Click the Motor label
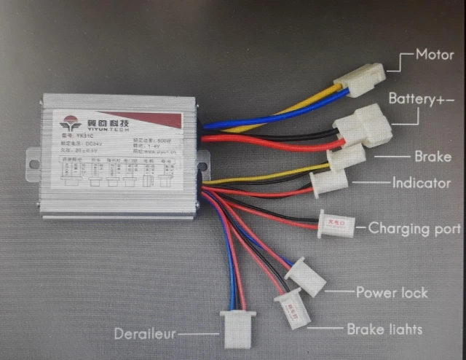coord(434,54)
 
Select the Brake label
coord(433,156)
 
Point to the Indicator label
coord(422,183)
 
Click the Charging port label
coord(414,228)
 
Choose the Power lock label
coord(392,292)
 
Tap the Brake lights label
coord(384,329)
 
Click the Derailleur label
coord(145,334)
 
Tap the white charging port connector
coord(336,224)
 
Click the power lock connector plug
coord(306,278)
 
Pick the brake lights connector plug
coord(293,309)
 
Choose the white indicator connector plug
coord(327,181)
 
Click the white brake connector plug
coord(347,156)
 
